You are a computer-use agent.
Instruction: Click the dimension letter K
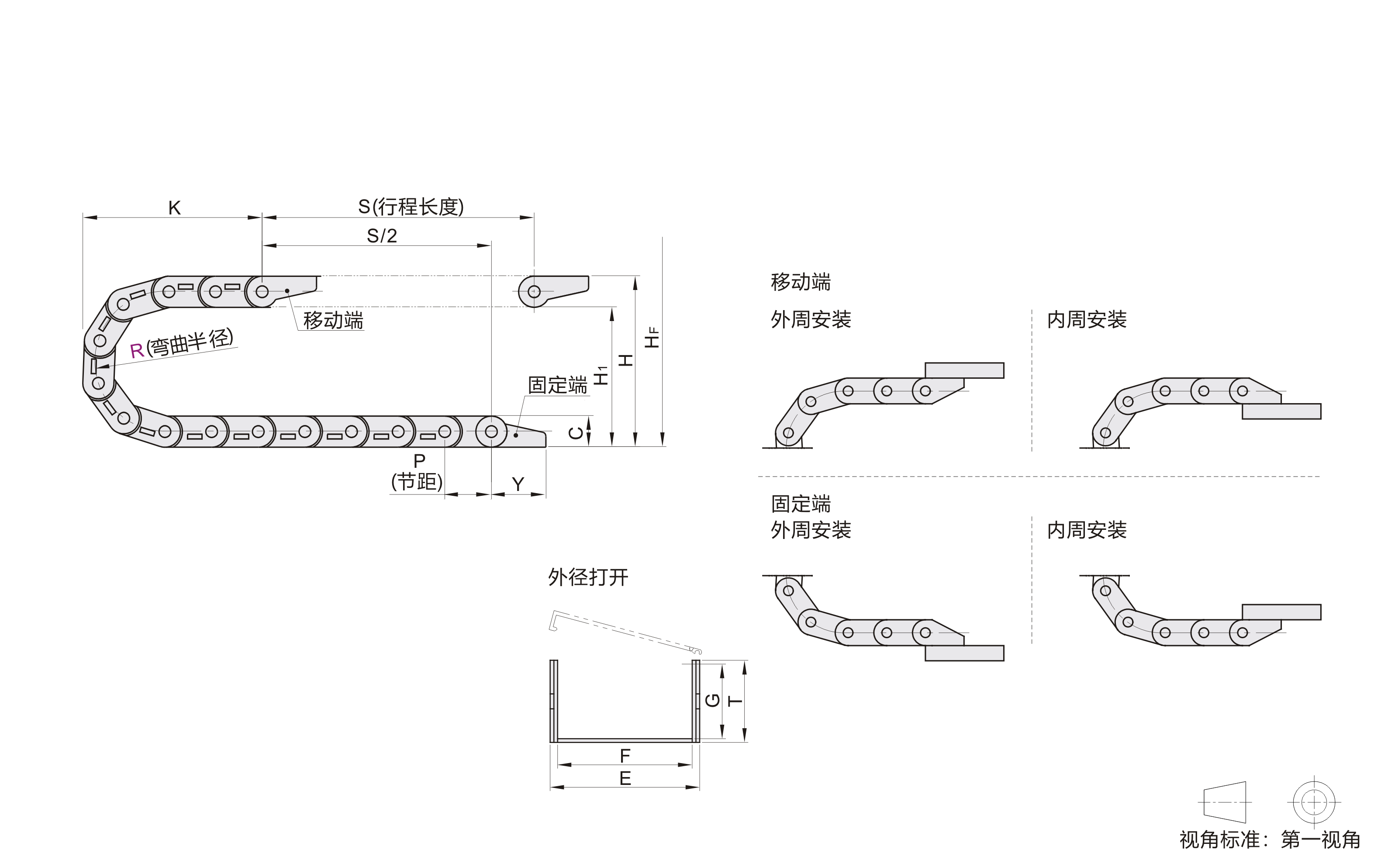[175, 208]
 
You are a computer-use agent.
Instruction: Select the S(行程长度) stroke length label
[411, 207]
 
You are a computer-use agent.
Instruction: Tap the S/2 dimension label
[382, 236]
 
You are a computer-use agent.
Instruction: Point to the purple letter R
[137, 351]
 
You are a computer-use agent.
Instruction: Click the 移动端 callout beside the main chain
[333, 320]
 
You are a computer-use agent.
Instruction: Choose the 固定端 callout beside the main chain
[558, 385]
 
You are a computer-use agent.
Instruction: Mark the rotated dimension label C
[576, 433]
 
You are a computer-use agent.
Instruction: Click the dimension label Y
[518, 484]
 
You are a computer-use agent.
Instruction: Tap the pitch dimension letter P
[419, 461]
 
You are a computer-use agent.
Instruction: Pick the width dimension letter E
[625, 778]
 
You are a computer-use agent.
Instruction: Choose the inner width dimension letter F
[625, 756]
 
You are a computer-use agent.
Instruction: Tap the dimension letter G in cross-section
[713, 701]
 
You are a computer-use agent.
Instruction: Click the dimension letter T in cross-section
[735, 701]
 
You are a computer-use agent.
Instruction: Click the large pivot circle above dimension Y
[491, 432]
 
